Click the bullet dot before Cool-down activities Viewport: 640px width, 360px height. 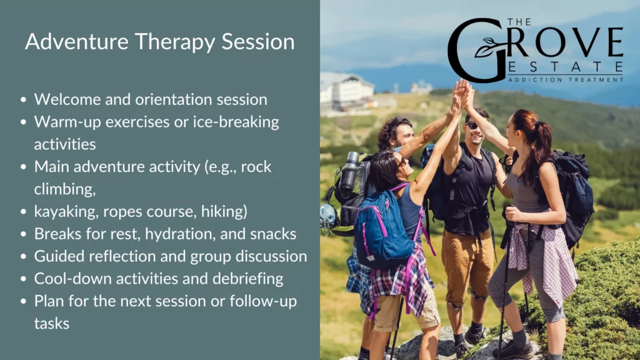[23, 279]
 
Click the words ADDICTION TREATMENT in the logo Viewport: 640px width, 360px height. [565, 80]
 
